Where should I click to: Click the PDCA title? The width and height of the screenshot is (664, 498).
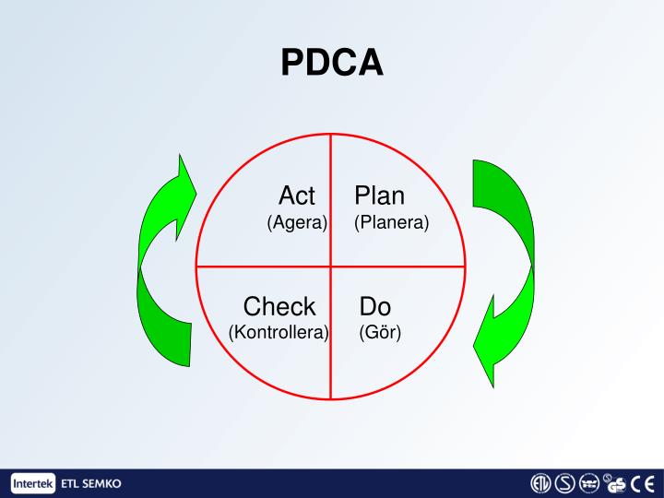(332, 63)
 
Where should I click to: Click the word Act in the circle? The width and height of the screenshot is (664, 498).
(297, 196)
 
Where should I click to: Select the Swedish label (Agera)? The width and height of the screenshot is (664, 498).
(297, 223)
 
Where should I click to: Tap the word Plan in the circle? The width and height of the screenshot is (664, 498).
(380, 196)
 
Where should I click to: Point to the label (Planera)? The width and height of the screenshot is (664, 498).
(392, 223)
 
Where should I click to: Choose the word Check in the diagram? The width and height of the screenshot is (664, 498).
(279, 306)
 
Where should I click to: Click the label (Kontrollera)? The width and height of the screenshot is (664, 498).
(279, 332)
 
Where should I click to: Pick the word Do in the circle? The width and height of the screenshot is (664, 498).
(376, 306)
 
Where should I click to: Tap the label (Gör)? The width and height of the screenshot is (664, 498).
(380, 332)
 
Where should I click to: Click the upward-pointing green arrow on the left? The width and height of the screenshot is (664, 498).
(161, 267)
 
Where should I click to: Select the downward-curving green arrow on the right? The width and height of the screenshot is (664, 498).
(503, 267)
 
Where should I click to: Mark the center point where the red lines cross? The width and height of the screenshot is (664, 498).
(330, 267)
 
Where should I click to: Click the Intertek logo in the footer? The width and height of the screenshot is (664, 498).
(33, 483)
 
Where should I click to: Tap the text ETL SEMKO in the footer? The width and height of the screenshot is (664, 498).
(89, 483)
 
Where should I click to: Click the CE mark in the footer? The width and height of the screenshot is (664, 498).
(642, 483)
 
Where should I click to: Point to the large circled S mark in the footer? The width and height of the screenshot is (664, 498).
(565, 483)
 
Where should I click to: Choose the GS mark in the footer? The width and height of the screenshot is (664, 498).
(616, 483)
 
